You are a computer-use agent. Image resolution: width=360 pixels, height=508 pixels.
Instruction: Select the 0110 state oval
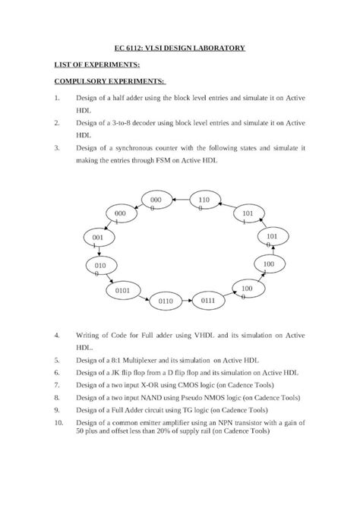(166, 301)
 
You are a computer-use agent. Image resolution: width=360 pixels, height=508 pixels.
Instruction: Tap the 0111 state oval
(208, 301)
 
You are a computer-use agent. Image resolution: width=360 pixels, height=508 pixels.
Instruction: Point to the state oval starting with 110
(204, 202)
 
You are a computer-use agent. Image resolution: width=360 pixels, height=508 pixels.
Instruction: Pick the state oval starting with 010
(100, 268)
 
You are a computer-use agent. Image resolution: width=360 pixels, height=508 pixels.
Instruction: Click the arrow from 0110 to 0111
(187, 301)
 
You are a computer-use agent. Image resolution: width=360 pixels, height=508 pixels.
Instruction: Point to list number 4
(58, 334)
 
